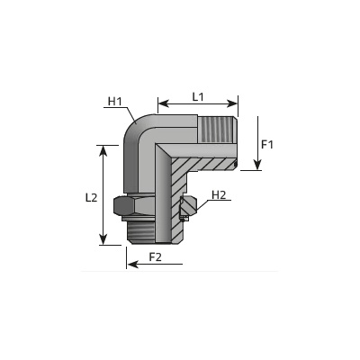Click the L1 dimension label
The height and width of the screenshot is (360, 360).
pyautogui.click(x=198, y=97)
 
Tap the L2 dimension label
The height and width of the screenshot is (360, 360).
pyautogui.click(x=91, y=198)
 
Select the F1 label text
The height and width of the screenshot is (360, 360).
pyautogui.click(x=267, y=145)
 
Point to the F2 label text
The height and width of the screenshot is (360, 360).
pyautogui.click(x=156, y=257)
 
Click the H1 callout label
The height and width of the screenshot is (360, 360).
pyautogui.click(x=115, y=102)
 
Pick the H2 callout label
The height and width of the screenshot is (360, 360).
pyautogui.click(x=219, y=195)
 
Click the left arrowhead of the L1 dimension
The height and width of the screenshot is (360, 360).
pyautogui.click(x=163, y=103)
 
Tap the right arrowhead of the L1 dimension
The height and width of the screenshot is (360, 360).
pyautogui.click(x=232, y=103)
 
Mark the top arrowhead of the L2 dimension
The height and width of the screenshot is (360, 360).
pyautogui.click(x=103, y=150)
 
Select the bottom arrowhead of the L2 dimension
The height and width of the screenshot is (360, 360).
pyautogui.click(x=103, y=239)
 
